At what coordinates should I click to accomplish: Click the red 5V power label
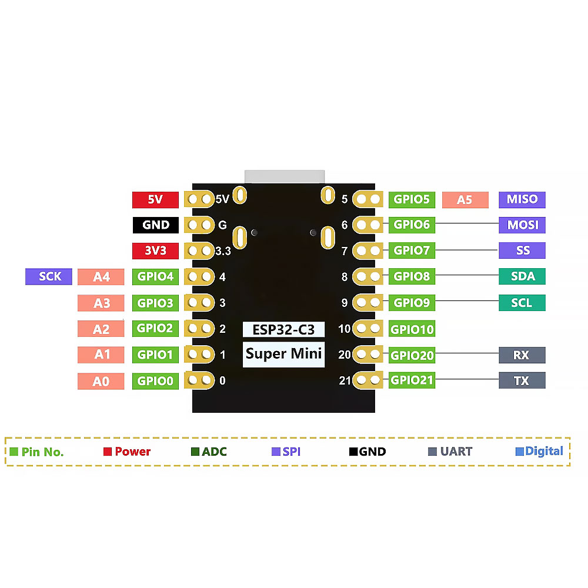point(155,200)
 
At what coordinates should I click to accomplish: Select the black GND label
point(155,225)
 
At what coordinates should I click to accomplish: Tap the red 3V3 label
point(155,251)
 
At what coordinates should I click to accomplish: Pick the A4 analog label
point(101,277)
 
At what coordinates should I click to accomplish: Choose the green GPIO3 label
point(155,303)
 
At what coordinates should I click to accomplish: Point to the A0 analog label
point(101,382)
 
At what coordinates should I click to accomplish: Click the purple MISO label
point(522,199)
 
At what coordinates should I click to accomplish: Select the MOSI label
point(522,225)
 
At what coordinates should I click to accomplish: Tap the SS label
point(522,250)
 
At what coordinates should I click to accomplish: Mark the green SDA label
point(522,276)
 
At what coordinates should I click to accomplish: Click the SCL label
point(522,303)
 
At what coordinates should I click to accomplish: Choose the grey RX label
point(522,355)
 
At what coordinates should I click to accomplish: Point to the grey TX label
point(522,380)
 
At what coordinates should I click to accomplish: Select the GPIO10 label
point(412,329)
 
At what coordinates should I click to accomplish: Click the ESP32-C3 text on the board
point(284,329)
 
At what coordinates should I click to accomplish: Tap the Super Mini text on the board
point(284,354)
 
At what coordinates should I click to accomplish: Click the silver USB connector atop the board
point(285,176)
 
